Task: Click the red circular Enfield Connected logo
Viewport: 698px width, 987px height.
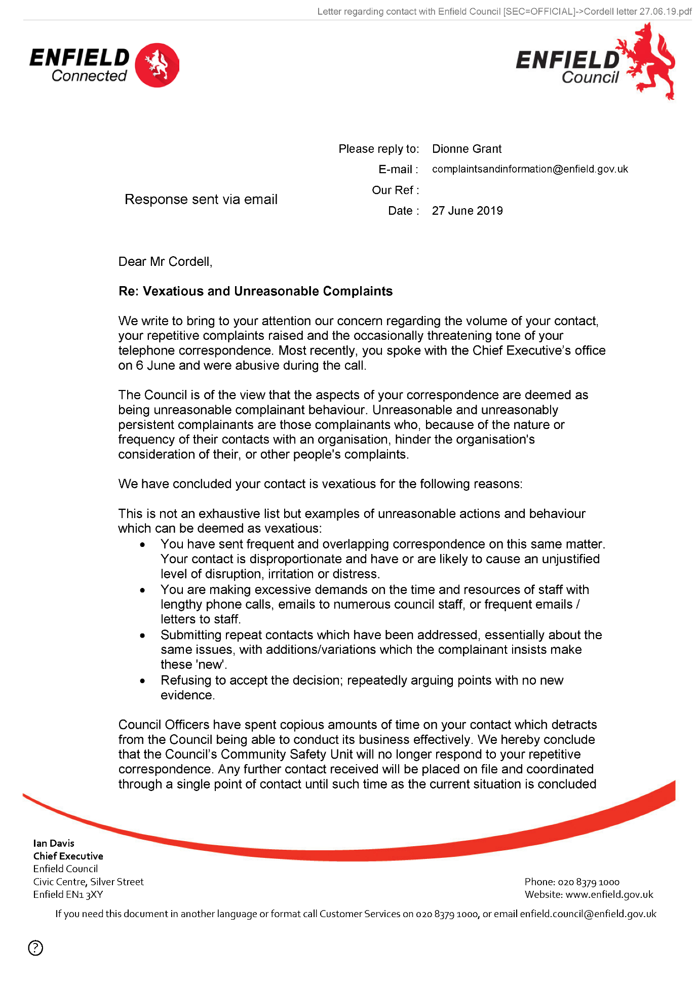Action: (x=158, y=65)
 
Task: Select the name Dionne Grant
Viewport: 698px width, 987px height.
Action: (x=467, y=149)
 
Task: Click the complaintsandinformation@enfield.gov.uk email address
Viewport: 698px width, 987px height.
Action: (x=530, y=169)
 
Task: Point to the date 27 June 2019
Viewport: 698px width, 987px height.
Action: (x=467, y=211)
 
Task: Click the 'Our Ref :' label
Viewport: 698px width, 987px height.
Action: (x=395, y=190)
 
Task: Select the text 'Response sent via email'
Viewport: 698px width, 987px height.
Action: (x=201, y=200)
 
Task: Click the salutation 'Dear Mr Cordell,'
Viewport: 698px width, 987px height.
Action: (x=165, y=262)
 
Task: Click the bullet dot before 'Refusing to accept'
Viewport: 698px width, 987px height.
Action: (x=143, y=681)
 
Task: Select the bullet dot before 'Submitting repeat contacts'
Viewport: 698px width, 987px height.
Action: (x=143, y=636)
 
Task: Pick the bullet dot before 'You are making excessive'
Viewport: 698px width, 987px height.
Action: (x=143, y=590)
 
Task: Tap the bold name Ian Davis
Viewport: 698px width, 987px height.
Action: (x=54, y=843)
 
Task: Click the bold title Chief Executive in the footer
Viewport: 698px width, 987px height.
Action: (x=68, y=856)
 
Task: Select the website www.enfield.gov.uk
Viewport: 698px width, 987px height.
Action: (x=609, y=895)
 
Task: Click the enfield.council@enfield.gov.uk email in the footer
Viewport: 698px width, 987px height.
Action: (x=588, y=914)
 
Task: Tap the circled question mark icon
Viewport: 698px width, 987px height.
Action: (x=35, y=947)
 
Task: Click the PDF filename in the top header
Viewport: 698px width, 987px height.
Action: (x=638, y=12)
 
